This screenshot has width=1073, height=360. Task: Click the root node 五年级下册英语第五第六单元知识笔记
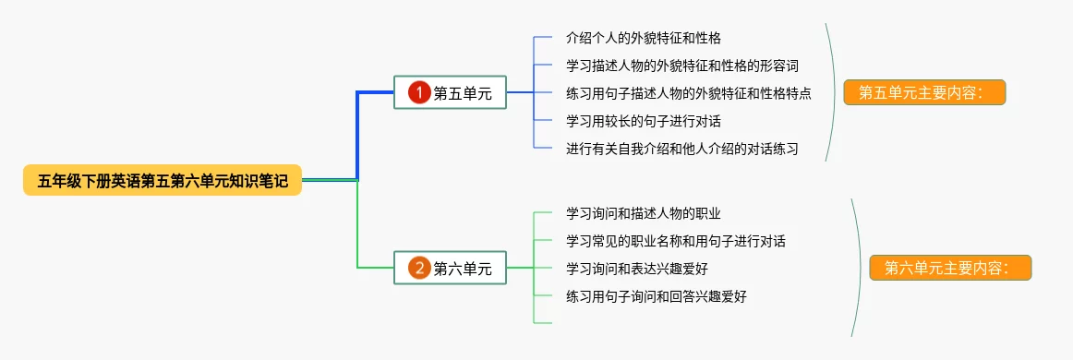(x=163, y=181)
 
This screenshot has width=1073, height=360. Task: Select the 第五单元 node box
(x=451, y=92)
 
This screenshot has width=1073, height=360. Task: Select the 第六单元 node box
(x=451, y=268)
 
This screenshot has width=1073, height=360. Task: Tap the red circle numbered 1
(x=419, y=92)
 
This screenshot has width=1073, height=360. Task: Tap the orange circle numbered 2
(x=419, y=268)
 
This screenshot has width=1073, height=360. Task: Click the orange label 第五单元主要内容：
(x=924, y=92)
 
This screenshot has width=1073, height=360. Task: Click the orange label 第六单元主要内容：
(x=950, y=268)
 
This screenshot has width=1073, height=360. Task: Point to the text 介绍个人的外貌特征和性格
(x=644, y=37)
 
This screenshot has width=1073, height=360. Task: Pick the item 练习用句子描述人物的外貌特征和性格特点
(x=689, y=92)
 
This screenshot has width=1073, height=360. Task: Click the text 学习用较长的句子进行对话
(x=644, y=121)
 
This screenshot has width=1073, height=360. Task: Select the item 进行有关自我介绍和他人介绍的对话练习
(x=682, y=149)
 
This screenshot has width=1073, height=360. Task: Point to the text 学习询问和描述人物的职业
(x=644, y=213)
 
